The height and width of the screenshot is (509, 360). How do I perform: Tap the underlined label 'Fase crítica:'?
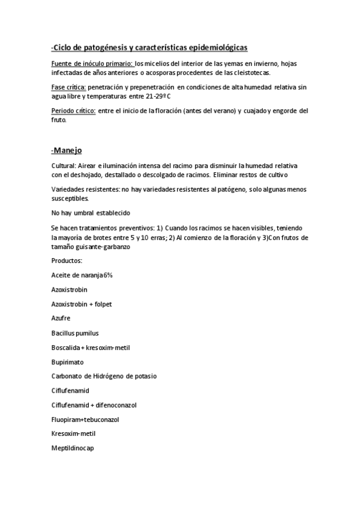tap(70, 87)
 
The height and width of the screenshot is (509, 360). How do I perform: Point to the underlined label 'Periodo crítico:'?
tap(74, 111)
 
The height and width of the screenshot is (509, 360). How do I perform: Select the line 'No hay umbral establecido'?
tap(91, 213)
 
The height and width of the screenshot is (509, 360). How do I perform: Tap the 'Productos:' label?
tap(67, 261)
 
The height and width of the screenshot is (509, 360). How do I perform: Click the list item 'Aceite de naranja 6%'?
tap(82, 275)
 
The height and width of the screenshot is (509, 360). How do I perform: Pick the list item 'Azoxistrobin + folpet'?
tap(82, 304)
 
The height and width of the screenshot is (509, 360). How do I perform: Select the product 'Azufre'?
tap(61, 319)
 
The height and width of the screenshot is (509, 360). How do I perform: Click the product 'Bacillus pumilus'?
tap(75, 333)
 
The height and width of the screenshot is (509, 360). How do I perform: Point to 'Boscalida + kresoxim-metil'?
tap(91, 348)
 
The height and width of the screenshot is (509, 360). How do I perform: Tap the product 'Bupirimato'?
tap(68, 362)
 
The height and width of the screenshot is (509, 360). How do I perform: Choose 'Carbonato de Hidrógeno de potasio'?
tap(104, 376)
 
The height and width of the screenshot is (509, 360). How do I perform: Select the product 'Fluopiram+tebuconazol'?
tap(86, 420)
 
